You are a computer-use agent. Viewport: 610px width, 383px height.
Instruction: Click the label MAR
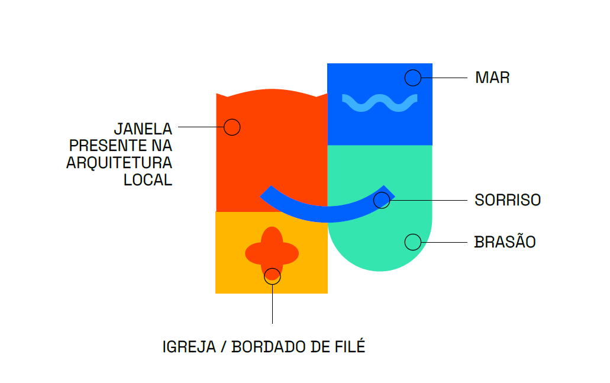pyautogui.click(x=492, y=78)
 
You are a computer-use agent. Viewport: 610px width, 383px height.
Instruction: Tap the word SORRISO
pyautogui.click(x=508, y=200)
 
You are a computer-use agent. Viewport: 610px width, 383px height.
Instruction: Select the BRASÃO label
pyautogui.click(x=505, y=242)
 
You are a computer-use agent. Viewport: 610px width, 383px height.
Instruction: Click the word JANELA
pyautogui.click(x=143, y=128)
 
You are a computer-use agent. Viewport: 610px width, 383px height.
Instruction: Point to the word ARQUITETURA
pyautogui.click(x=119, y=163)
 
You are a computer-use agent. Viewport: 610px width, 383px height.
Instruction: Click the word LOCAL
pyautogui.click(x=147, y=180)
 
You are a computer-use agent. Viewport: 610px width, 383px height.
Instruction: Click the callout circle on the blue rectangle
pyautogui.click(x=412, y=78)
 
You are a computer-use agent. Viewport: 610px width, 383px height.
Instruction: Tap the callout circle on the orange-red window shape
pyautogui.click(x=232, y=127)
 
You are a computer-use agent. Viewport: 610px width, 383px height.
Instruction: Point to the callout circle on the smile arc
pyautogui.click(x=382, y=200)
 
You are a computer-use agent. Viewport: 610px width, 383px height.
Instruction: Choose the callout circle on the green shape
pyautogui.click(x=412, y=242)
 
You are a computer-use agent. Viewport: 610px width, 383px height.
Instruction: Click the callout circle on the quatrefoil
pyautogui.click(x=272, y=276)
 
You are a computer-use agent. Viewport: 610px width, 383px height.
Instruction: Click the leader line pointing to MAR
pyautogui.click(x=444, y=78)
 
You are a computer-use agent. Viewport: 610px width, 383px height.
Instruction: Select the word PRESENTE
pyautogui.click(x=104, y=146)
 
